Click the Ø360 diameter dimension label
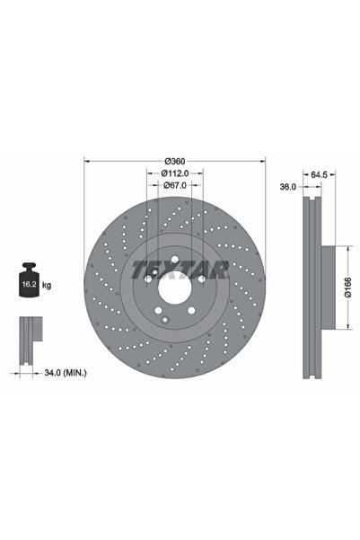tap(175, 161)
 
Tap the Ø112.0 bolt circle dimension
tap(175, 173)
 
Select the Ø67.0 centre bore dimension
tap(175, 185)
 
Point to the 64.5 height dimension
tap(319, 174)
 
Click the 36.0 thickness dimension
tap(288, 187)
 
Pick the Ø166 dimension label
tap(347, 287)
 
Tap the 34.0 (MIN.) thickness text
tap(66, 373)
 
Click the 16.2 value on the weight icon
tap(29, 285)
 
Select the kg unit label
tap(47, 285)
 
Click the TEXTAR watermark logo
tap(180, 270)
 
